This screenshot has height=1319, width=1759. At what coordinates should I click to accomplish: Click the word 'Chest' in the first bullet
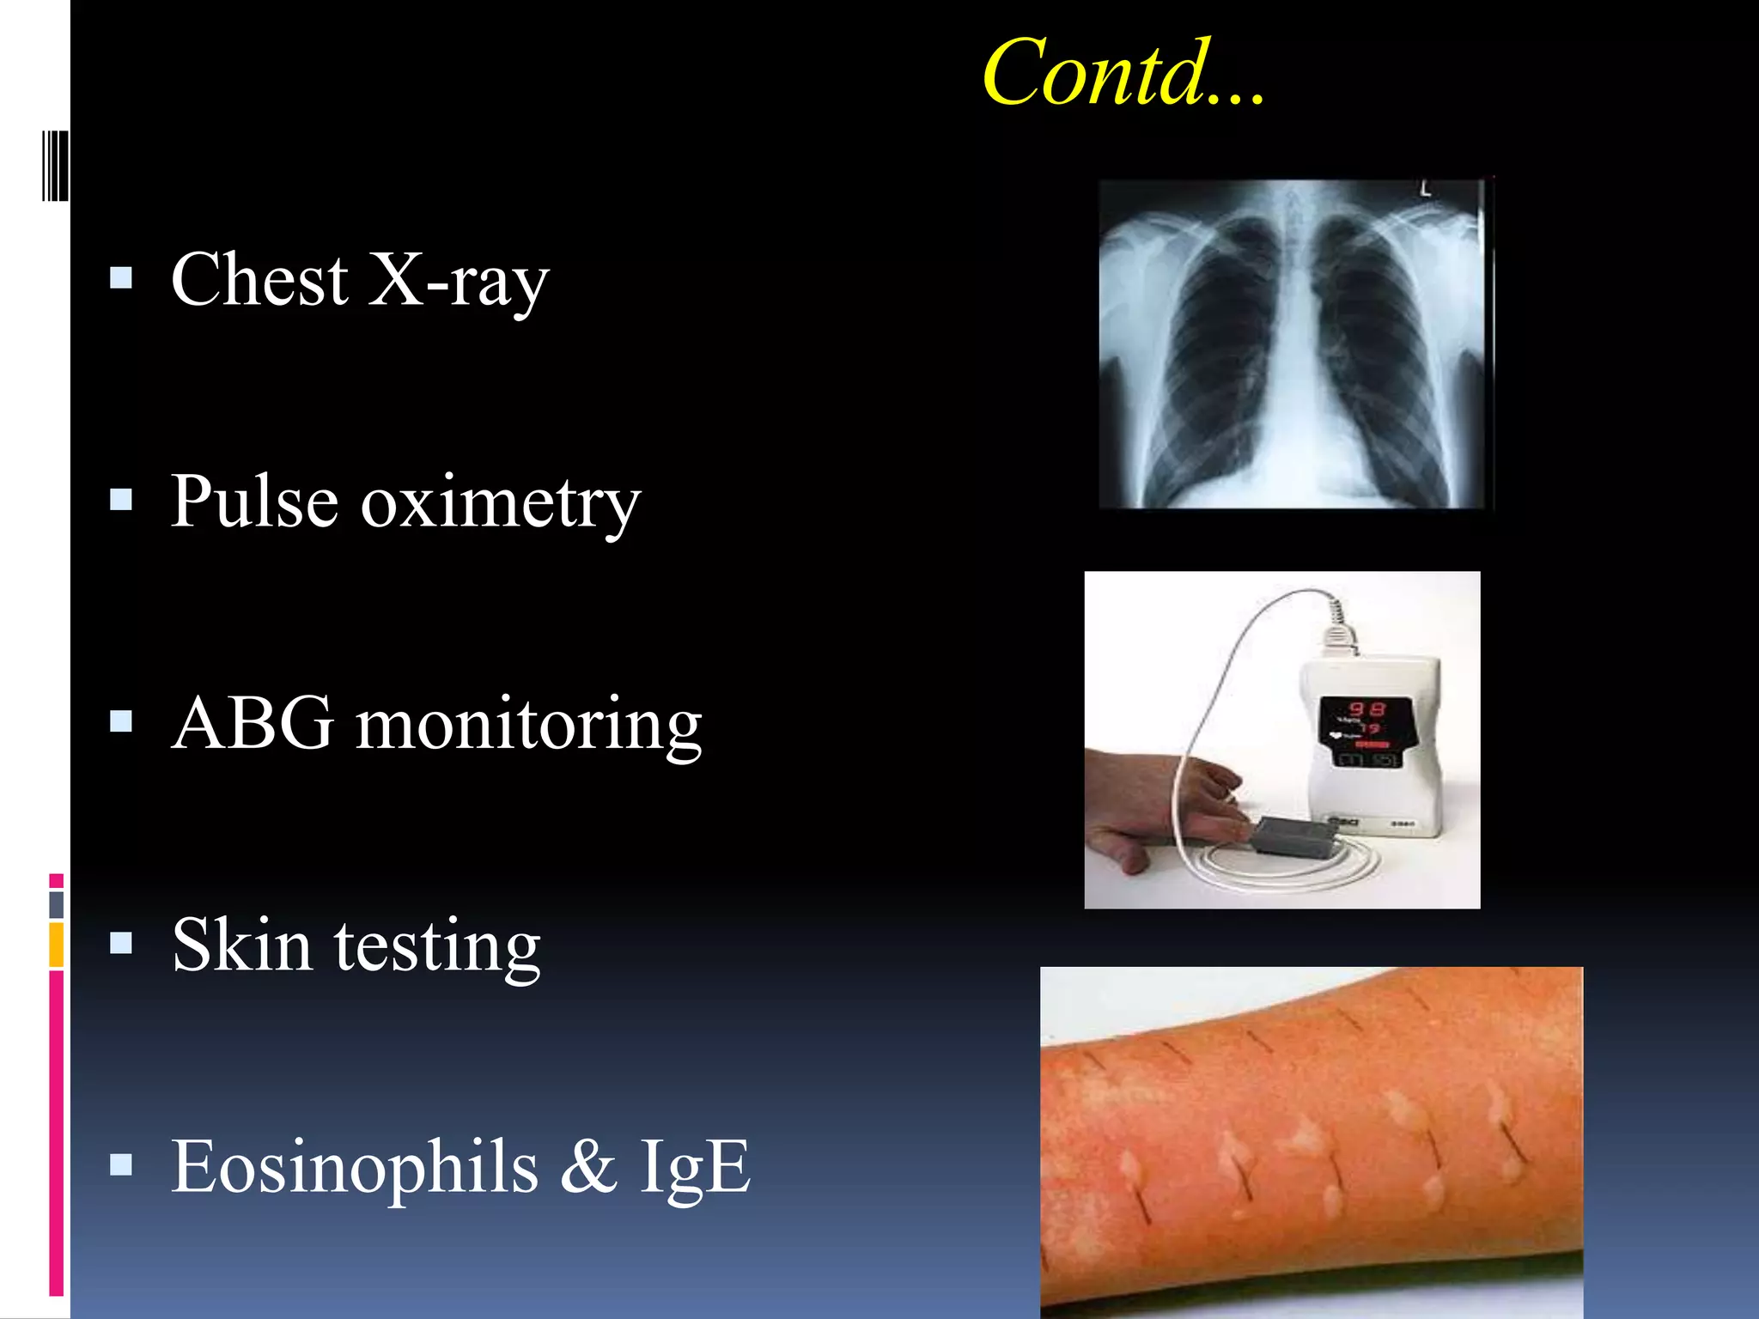tap(259, 280)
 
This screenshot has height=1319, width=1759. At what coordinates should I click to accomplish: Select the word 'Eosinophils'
tap(355, 1168)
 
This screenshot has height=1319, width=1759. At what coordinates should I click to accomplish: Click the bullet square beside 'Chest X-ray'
tap(122, 277)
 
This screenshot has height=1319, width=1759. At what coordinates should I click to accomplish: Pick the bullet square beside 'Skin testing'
tap(122, 943)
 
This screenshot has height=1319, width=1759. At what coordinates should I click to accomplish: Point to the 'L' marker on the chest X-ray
tap(1426, 188)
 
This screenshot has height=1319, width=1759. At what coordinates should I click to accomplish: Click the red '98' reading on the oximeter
tap(1366, 709)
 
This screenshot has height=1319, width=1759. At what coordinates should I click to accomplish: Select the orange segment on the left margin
tap(57, 945)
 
